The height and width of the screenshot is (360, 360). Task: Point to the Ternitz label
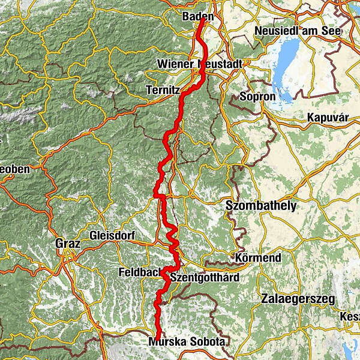point(163,89)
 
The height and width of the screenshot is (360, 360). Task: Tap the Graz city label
point(68,244)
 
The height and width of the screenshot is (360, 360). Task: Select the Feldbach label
point(140,272)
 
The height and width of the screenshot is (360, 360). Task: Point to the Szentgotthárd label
point(205,278)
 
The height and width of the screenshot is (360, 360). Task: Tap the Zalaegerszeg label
point(298,298)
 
